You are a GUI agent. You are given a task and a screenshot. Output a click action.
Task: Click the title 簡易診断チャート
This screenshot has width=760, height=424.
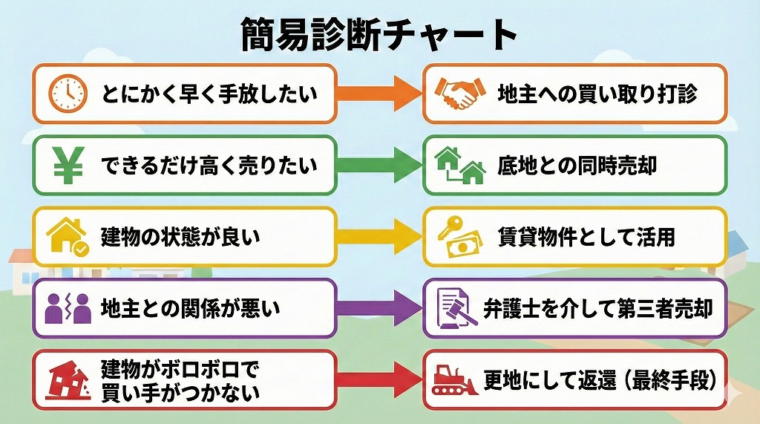click(379, 33)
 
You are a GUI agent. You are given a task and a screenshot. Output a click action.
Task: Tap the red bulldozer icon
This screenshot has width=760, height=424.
click(457, 379)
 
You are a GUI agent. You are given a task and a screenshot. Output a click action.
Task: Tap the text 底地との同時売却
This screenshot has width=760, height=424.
click(577, 166)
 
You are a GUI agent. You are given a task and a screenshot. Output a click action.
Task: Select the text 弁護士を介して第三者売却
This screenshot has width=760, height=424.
click(597, 308)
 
